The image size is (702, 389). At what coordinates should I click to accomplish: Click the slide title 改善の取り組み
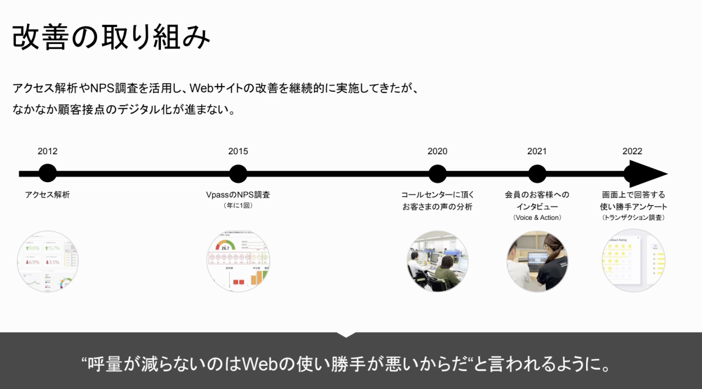click(111, 37)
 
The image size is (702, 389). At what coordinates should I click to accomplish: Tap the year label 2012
click(47, 152)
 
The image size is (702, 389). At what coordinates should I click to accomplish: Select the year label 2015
click(238, 152)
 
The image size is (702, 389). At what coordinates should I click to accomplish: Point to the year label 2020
click(438, 152)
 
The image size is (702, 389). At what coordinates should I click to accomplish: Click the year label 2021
click(537, 152)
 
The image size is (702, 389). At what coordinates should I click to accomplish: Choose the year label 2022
click(632, 152)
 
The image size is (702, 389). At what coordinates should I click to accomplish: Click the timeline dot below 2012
click(47, 174)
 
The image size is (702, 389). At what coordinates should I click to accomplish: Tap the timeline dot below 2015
click(238, 174)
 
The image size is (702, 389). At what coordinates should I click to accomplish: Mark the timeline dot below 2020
click(438, 174)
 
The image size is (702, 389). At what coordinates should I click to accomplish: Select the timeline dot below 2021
click(537, 174)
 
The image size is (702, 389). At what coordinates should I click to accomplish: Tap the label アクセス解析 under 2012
click(47, 194)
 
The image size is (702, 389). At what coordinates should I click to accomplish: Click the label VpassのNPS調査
click(238, 194)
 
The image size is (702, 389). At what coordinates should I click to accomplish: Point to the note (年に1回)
click(238, 206)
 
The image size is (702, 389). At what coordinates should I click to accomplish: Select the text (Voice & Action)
click(537, 218)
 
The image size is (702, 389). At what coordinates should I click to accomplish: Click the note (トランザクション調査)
click(633, 218)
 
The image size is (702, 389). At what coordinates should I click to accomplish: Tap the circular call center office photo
click(438, 261)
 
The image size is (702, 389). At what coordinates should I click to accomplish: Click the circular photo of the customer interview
click(537, 261)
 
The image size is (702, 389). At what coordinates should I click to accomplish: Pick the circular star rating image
click(632, 261)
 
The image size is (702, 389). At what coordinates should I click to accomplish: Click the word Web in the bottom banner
click(262, 364)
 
